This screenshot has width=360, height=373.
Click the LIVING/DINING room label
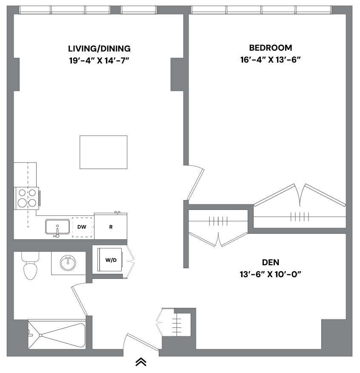(x=99, y=49)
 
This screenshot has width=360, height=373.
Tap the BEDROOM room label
(x=271, y=48)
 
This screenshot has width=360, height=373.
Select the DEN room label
(x=271, y=262)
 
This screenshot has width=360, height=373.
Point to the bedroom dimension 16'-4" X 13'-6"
(x=271, y=60)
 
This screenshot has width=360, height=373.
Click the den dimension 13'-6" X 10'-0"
(x=271, y=274)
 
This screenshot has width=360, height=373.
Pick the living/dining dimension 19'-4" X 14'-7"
(x=99, y=60)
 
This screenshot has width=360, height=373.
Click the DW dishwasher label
(x=82, y=227)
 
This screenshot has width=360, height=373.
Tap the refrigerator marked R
(x=111, y=227)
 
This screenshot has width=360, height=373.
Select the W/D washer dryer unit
(x=111, y=260)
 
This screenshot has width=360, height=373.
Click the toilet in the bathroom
(x=30, y=266)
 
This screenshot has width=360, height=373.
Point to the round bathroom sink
(x=68, y=263)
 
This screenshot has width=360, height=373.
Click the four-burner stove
(x=27, y=198)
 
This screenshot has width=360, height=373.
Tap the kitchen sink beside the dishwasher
(x=57, y=226)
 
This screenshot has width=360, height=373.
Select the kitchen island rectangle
(x=104, y=152)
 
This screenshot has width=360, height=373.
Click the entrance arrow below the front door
(x=141, y=362)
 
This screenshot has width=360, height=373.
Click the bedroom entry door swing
(x=195, y=184)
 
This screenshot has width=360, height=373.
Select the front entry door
(x=143, y=342)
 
